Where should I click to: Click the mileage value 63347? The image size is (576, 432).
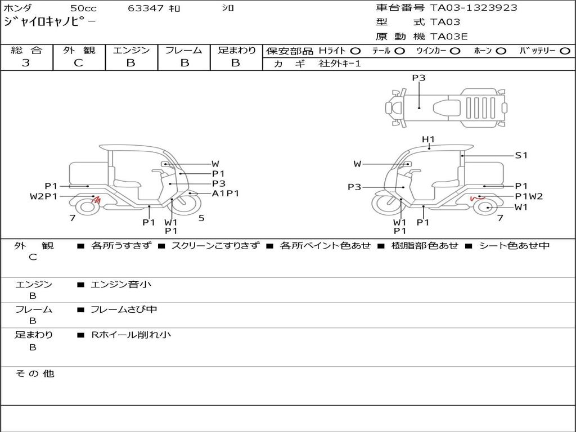point(146,8)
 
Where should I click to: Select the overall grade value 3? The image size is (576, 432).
point(26,63)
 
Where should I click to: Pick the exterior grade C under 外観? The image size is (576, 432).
point(78,63)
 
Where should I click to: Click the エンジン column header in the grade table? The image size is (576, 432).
point(131,50)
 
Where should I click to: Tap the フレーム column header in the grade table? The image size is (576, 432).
point(184,50)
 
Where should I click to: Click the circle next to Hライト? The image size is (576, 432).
point(355,51)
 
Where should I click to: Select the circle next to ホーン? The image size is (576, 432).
point(501,51)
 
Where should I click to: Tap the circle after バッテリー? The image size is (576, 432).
point(565,51)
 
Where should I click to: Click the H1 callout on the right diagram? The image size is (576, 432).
point(429,139)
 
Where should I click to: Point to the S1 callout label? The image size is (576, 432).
point(521,155)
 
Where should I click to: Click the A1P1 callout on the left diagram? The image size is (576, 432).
point(226,193)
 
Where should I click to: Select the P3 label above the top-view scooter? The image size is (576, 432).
point(418,78)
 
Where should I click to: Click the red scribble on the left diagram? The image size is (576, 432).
point(96,199)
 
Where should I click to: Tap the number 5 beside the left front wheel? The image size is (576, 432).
point(201,218)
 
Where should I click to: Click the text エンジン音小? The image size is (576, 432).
point(121,285)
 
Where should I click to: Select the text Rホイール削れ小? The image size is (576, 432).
point(131,335)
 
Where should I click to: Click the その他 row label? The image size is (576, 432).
point(34,373)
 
